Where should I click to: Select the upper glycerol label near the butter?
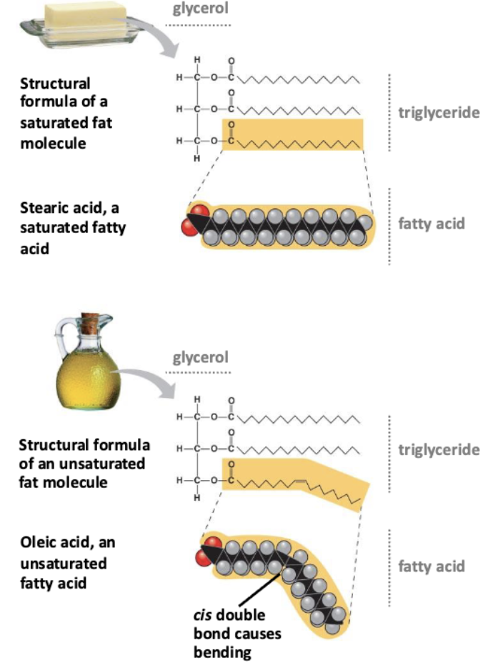click(201, 8)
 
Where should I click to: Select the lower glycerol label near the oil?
click(201, 357)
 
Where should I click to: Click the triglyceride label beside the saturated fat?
click(439, 112)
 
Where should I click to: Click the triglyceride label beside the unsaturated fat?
click(439, 449)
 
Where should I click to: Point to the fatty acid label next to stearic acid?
click(432, 224)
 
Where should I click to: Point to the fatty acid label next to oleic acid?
click(432, 566)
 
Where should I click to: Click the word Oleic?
click(39, 542)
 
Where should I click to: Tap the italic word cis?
click(202, 615)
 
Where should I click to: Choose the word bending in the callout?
click(222, 653)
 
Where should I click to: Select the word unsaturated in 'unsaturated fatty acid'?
click(64, 563)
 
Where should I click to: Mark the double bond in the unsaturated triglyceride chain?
click(301, 482)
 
